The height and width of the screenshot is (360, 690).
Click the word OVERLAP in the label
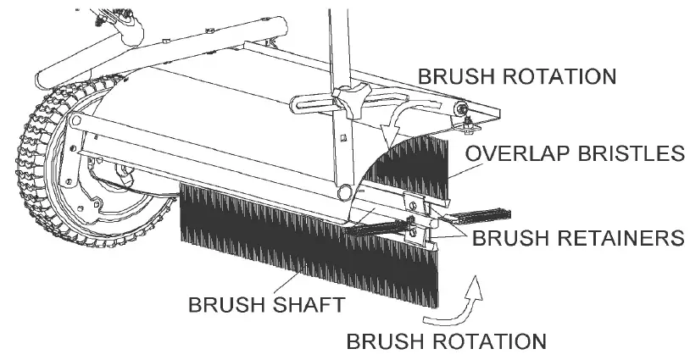[509, 153]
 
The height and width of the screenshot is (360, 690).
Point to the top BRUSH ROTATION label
[516, 77]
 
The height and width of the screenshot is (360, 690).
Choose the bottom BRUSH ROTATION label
[446, 342]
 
